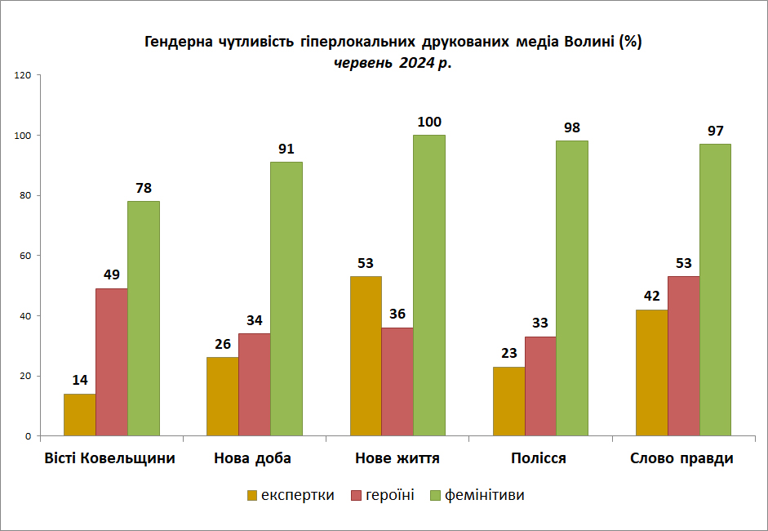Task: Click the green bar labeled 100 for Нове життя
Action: [429, 285]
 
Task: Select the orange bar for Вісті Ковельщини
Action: [80, 415]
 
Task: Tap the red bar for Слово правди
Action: [684, 356]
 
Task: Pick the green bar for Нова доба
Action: [286, 299]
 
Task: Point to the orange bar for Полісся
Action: [509, 401]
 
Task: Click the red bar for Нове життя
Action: [397, 382]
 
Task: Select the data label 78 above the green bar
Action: [144, 188]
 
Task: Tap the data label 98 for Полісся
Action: [572, 128]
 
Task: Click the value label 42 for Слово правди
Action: [652, 297]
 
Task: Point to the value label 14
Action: [80, 380]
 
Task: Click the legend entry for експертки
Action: [291, 495]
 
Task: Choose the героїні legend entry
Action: [383, 495]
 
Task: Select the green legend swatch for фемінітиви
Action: [436, 496]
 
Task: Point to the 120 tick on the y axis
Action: [23, 75]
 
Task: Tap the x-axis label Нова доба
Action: [253, 458]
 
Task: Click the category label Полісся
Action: [539, 458]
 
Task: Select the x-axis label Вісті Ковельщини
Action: [109, 458]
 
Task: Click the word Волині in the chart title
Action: [589, 42]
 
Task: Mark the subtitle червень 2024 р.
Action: [393, 63]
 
